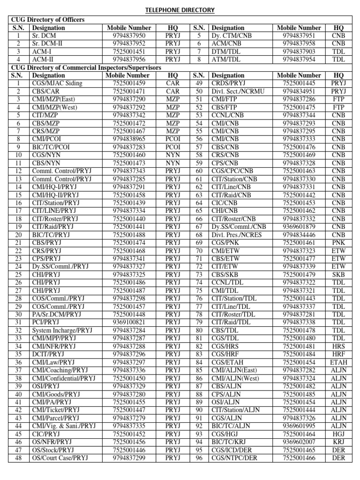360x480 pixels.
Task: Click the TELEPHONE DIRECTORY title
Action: click(180, 10)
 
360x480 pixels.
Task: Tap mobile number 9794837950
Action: click(129, 36)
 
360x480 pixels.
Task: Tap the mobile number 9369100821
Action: click(129, 322)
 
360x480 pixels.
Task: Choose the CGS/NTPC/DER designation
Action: click(234, 457)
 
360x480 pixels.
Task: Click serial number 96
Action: click(199, 457)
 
